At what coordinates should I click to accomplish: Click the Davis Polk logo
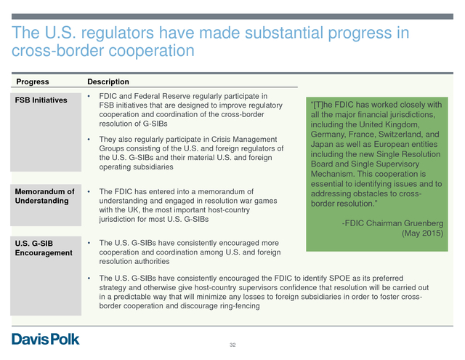[x=45, y=339]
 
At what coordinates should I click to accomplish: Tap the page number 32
[x=232, y=345]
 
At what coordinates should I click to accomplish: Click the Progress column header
[x=33, y=81]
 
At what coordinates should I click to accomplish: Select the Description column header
[x=108, y=81]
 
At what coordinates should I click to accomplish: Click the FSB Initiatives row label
[x=41, y=100]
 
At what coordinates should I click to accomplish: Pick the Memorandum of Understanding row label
[x=44, y=196]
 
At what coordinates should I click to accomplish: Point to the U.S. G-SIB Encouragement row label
[x=44, y=248]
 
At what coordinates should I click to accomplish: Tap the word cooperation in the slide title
[x=151, y=50]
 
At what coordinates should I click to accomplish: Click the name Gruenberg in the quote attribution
[x=424, y=223]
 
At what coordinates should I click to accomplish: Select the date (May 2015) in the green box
[x=423, y=233]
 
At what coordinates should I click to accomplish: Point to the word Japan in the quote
[x=321, y=144]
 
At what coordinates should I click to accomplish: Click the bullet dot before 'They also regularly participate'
[x=89, y=139]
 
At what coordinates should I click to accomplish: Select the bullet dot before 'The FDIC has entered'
[x=89, y=192]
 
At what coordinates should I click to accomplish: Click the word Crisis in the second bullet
[x=221, y=139]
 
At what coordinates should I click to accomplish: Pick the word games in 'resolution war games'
[x=266, y=201]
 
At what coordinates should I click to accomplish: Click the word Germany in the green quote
[x=328, y=135]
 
